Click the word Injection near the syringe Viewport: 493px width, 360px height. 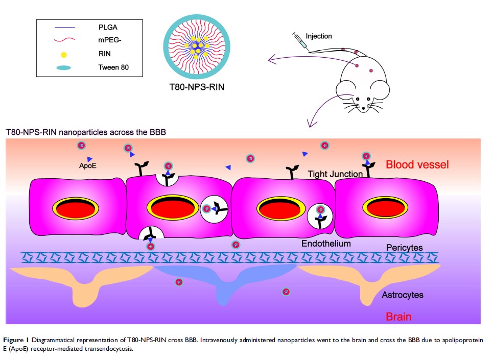tap(319, 36)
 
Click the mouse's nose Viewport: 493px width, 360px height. tap(364, 108)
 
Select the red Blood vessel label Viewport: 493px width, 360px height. tap(417, 164)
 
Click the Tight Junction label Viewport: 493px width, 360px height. tap(335, 174)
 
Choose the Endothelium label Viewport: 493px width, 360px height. tap(326, 244)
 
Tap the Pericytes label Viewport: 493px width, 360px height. tap(404, 248)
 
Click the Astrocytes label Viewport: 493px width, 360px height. tap(403, 295)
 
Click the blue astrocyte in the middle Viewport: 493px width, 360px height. tap(225, 278)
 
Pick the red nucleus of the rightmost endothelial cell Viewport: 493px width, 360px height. tap(384, 208)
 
